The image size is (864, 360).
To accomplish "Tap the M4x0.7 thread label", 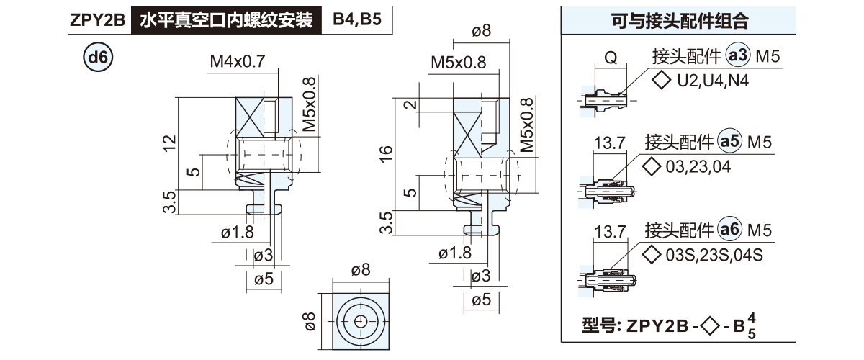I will coord(238,63).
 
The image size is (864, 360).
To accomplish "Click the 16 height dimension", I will coord(386,152).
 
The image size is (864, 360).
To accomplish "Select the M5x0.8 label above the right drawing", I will coord(458,63).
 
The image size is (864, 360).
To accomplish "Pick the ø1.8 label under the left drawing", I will coord(238,232).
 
